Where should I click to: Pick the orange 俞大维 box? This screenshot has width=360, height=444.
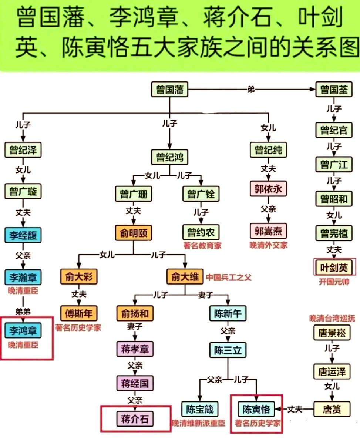pos(185,276)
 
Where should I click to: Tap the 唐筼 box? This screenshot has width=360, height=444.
pos(332,409)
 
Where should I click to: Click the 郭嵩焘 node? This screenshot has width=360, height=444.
pos(268,231)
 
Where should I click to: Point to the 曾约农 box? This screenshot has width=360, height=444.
pos(201,232)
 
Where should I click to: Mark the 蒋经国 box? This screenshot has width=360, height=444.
pos(134,383)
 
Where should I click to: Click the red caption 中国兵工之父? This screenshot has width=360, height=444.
pos(229,277)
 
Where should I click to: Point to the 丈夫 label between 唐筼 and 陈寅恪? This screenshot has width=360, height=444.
pos(295,409)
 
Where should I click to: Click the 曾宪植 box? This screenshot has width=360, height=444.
pos(332,233)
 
